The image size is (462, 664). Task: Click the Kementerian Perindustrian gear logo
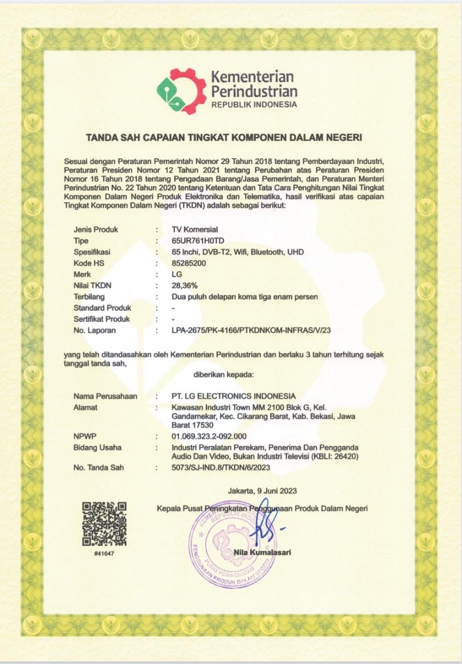[181, 91]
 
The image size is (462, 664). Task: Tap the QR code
[104, 523]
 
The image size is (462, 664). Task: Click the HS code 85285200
[189, 264]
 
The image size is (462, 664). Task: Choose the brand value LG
[176, 274]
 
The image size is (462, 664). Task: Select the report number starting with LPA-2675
[250, 330]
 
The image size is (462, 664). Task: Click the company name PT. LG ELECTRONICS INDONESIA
[233, 396]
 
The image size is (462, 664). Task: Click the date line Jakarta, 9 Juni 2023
[262, 490]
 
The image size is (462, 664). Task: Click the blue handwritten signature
[264, 521]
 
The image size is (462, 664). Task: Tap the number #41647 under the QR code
[104, 554]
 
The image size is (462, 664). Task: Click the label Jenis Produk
[96, 229]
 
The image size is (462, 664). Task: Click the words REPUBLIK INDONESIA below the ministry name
[254, 104]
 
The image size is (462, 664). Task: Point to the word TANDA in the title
[101, 137]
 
